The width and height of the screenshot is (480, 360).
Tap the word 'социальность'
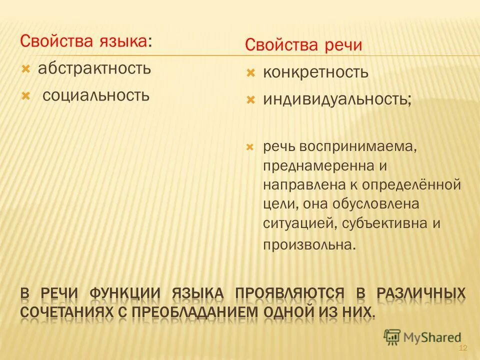tap(96, 94)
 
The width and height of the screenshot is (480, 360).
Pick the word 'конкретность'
tap(316, 72)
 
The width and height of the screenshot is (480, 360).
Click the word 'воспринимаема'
tap(358, 147)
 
